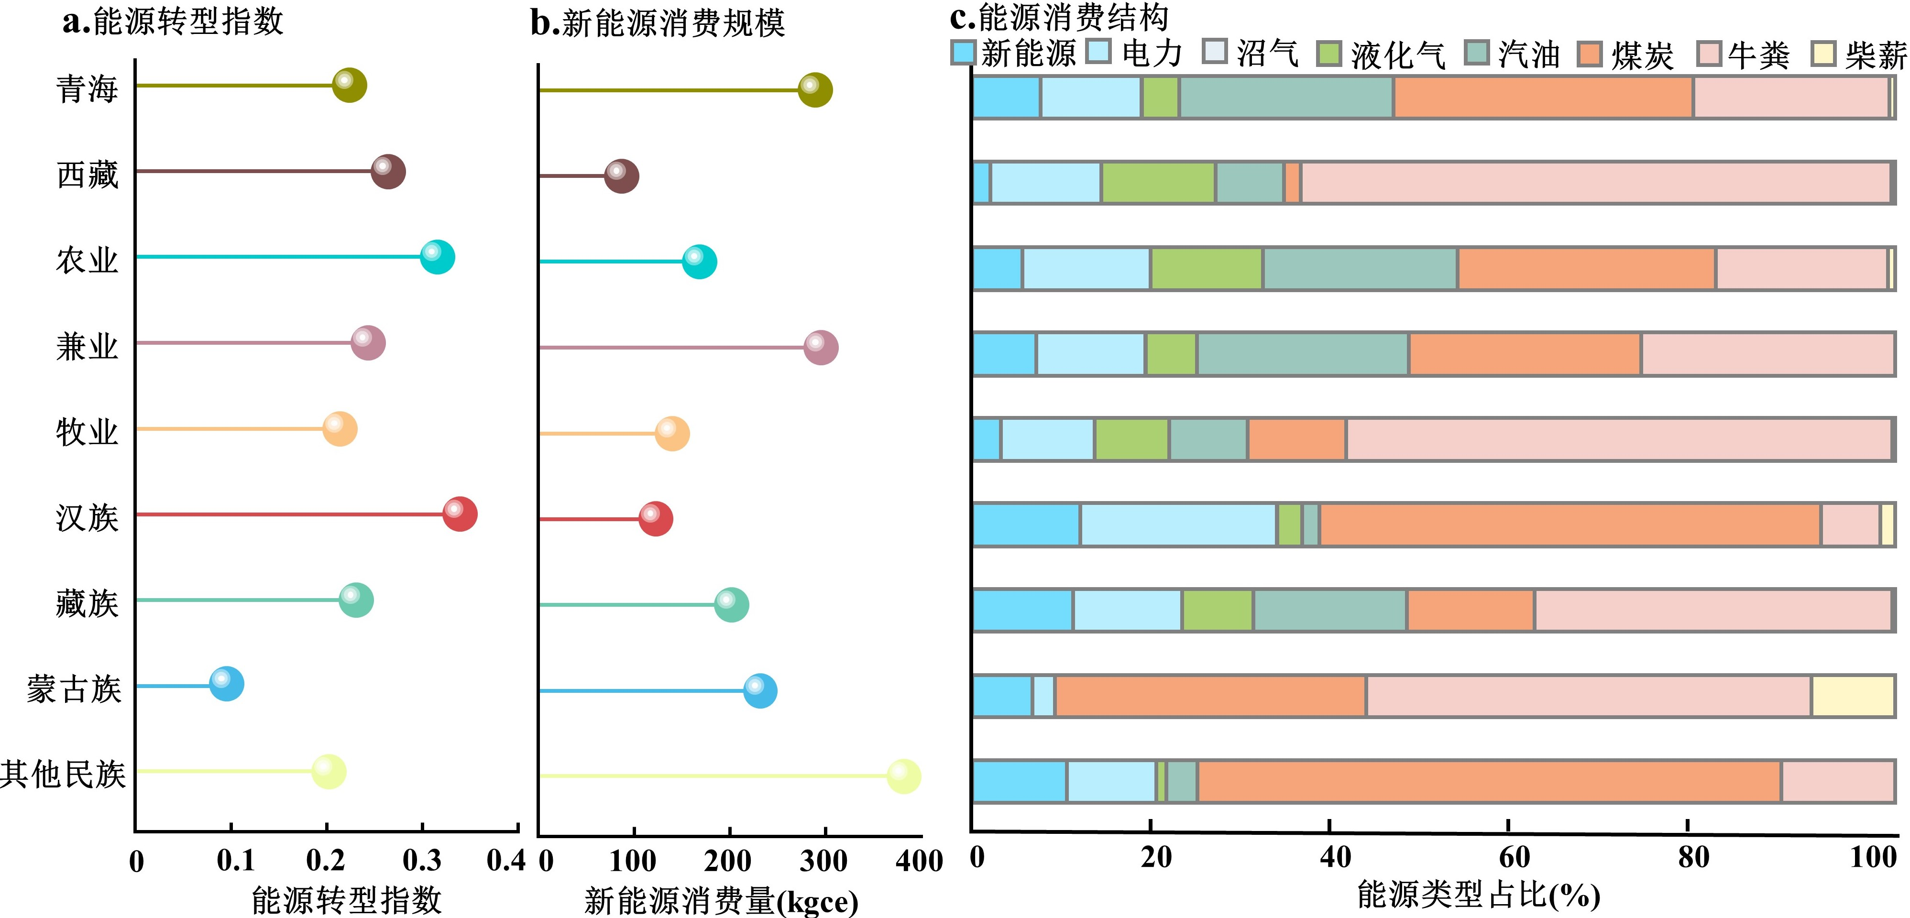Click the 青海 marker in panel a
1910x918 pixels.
349,85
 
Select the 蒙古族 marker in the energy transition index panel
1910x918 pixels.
226,684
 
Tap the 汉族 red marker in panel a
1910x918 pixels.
460,514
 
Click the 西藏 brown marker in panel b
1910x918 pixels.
621,176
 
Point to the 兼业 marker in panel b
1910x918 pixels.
821,347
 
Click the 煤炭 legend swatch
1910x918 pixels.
1590,54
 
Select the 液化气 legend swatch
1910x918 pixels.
1328,54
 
